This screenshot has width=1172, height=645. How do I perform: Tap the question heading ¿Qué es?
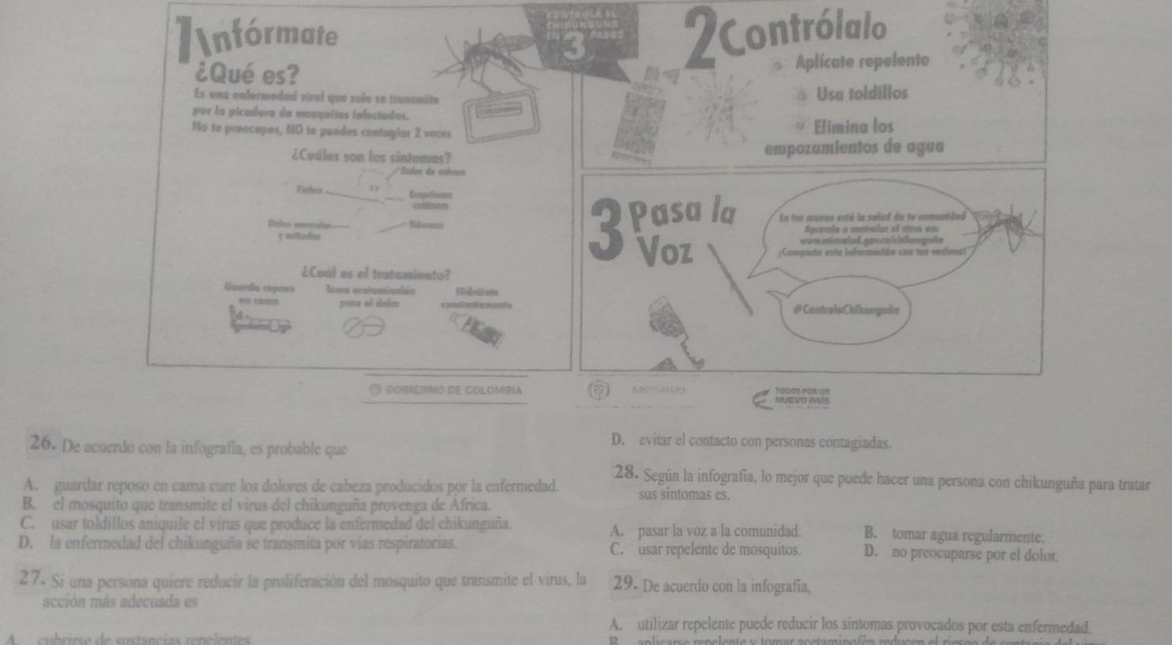click(246, 76)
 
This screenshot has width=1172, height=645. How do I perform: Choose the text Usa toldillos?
click(862, 94)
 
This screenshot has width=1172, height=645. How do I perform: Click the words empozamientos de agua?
click(855, 148)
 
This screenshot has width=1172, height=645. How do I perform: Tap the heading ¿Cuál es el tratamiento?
click(376, 275)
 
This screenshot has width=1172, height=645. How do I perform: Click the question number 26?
click(41, 444)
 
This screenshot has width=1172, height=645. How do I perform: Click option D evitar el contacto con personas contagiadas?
click(754, 443)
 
